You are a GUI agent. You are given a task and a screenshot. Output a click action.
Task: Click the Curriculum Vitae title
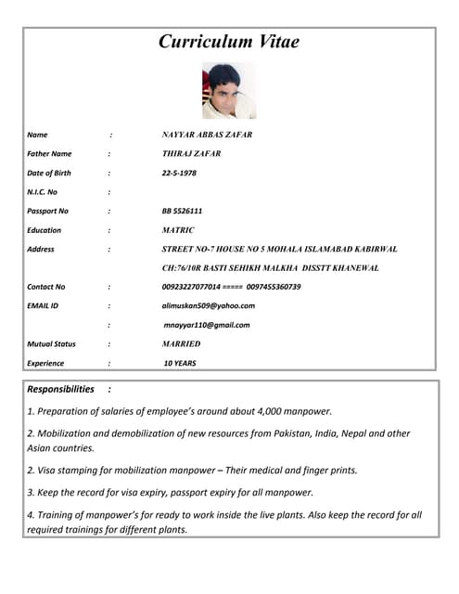tap(229, 42)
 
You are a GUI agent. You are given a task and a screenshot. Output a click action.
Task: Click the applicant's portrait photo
tap(228, 90)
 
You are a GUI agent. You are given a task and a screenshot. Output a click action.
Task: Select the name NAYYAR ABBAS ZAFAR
tap(207, 135)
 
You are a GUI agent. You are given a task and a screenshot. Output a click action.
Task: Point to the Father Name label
tap(49, 154)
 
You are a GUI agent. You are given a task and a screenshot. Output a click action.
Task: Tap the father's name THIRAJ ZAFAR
tap(191, 154)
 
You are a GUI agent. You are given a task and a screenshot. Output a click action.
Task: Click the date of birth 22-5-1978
tap(179, 173)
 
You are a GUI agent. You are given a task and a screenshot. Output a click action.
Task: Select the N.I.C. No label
tap(43, 192)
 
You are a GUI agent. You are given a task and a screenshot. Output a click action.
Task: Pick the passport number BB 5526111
tap(182, 211)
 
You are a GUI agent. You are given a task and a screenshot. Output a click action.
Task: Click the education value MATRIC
tap(178, 230)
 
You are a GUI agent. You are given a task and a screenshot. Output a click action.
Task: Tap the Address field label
tap(41, 250)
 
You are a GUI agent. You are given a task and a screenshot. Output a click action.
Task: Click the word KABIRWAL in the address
tap(372, 250)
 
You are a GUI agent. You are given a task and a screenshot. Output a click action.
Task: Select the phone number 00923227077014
tap(191, 287)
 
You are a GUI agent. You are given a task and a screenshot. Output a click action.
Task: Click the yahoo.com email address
tap(208, 305)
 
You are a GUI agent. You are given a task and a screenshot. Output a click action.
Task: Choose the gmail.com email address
tap(207, 325)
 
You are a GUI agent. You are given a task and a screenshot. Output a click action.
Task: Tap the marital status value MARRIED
tap(182, 344)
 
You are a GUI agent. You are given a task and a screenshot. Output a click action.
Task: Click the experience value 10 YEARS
tap(180, 364)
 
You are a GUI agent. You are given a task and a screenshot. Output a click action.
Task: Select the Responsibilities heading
tap(61, 390)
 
